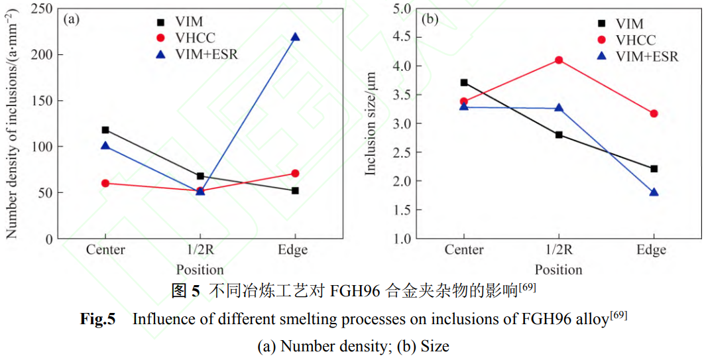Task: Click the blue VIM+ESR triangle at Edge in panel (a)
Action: [295, 37]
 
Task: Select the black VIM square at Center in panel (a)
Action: [105, 130]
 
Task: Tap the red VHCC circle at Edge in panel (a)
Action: [295, 174]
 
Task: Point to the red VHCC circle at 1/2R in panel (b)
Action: [559, 60]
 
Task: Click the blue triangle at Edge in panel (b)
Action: [654, 192]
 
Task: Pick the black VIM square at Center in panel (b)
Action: [464, 83]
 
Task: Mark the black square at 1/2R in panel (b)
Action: [559, 135]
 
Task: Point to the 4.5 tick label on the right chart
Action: [402, 37]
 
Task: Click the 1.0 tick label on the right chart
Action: [402, 239]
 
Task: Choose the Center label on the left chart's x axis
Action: [105, 250]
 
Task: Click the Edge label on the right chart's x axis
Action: [652, 250]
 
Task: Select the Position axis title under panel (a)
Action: [200, 270]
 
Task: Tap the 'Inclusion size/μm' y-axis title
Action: [371, 124]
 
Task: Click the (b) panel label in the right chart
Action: [430, 19]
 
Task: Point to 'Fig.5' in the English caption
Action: [97, 319]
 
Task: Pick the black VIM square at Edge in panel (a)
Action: [295, 191]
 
